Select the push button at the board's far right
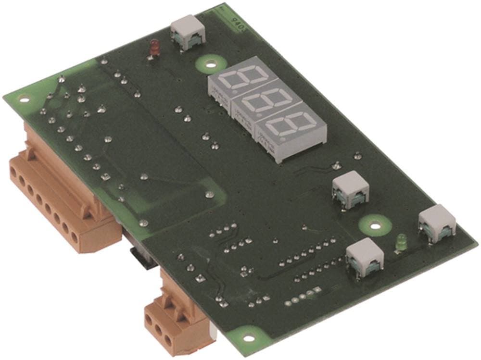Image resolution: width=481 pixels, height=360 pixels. coord(437,223)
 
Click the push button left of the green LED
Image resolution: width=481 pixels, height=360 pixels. coord(364,257)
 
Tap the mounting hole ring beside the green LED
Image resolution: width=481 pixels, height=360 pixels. coord(374,224)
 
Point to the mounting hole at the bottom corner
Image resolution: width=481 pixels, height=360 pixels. coord(248,338)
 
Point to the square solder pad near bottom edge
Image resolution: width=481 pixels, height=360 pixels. coord(317,290)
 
